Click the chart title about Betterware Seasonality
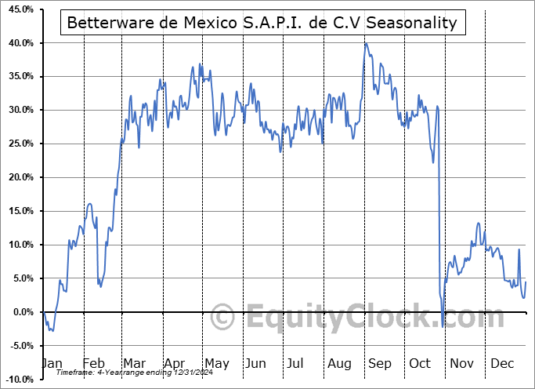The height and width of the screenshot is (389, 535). coord(262,23)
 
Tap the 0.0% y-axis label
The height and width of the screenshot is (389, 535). coord(20,312)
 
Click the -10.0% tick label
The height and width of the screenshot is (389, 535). coord(17,380)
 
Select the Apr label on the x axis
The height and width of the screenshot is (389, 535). coord(175,363)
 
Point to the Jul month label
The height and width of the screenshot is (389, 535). coord(296,363)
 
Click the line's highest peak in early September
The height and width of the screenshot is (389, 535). coord(365,44)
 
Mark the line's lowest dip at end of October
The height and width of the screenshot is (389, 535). coord(443,326)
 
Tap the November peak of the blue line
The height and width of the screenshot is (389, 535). coord(478,224)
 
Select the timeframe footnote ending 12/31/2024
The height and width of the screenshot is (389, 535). coord(128,373)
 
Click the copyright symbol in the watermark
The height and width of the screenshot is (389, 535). coord(223,318)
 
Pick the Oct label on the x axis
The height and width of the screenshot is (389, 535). coord(420,363)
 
